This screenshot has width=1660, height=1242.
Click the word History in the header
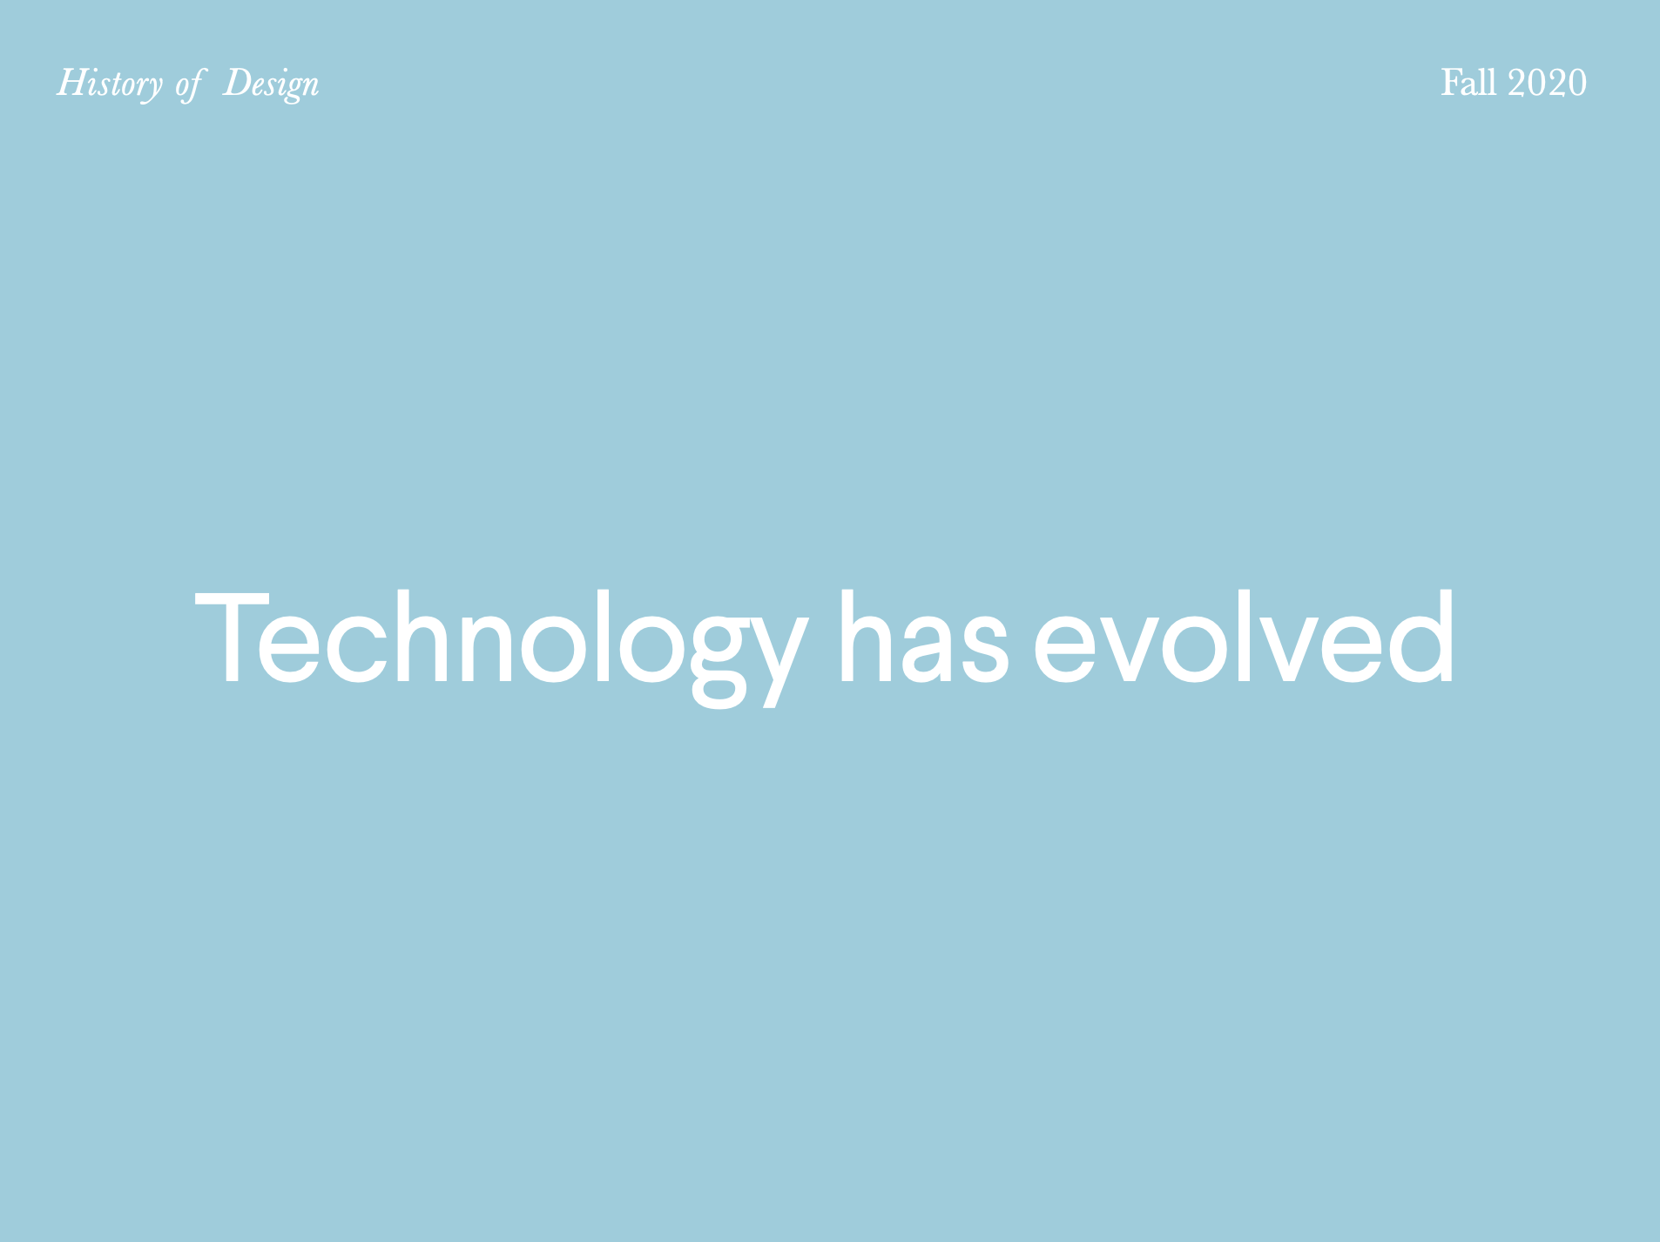(x=109, y=84)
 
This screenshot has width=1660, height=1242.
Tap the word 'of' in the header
(x=189, y=85)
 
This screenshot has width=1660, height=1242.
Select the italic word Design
(x=271, y=85)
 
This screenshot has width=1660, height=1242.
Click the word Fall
(x=1468, y=83)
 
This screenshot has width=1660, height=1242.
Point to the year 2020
(x=1547, y=83)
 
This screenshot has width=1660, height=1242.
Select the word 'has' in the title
(x=923, y=637)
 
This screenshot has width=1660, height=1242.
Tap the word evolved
(x=1244, y=637)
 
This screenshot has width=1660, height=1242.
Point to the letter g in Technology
(x=719, y=662)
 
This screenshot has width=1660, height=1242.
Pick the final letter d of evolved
(x=1422, y=637)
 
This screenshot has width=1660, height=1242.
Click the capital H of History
(x=72, y=83)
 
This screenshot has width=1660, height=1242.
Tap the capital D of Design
(x=238, y=83)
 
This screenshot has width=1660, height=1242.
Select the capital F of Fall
(x=1451, y=83)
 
